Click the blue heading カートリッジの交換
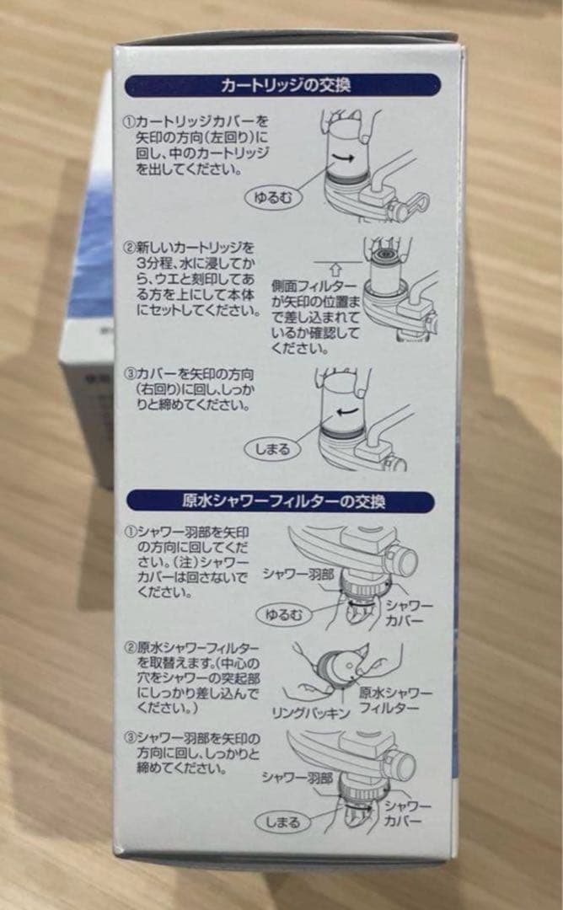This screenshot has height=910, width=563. [x=285, y=85]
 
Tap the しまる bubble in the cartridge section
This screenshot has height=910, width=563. [x=271, y=449]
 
